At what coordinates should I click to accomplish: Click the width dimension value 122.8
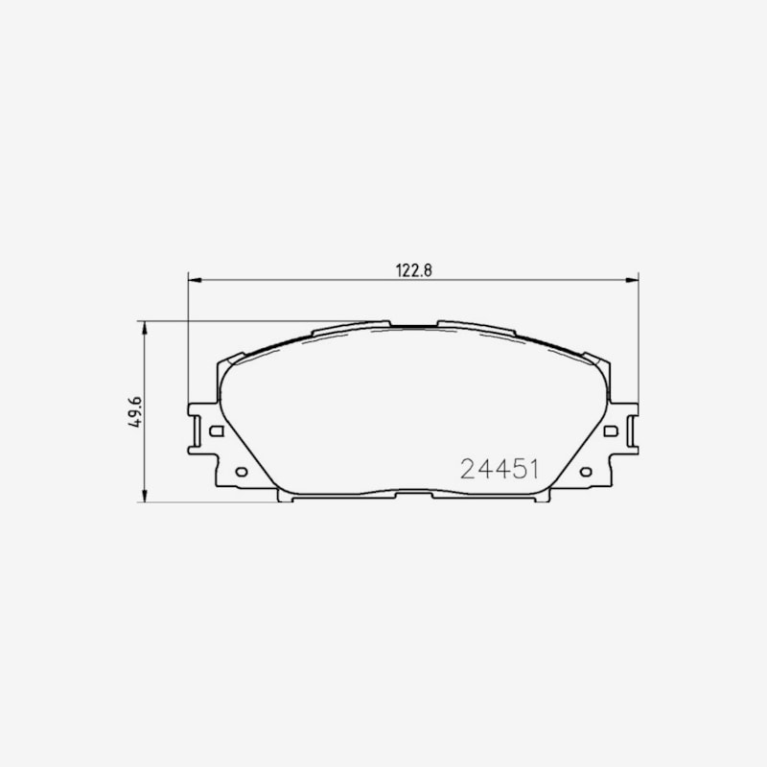click(x=414, y=270)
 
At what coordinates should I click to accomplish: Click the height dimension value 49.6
click(x=134, y=412)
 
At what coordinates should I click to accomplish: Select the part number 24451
click(x=500, y=469)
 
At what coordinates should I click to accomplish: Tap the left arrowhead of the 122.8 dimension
click(x=195, y=280)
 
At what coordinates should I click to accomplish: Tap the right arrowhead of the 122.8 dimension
click(x=632, y=280)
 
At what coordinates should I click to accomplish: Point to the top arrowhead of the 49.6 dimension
click(x=145, y=328)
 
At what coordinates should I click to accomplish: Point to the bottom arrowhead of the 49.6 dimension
click(x=145, y=496)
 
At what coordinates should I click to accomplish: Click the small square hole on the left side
click(x=217, y=430)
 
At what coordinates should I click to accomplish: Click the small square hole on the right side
click(x=611, y=430)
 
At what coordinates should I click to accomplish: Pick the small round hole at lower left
click(x=242, y=472)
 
